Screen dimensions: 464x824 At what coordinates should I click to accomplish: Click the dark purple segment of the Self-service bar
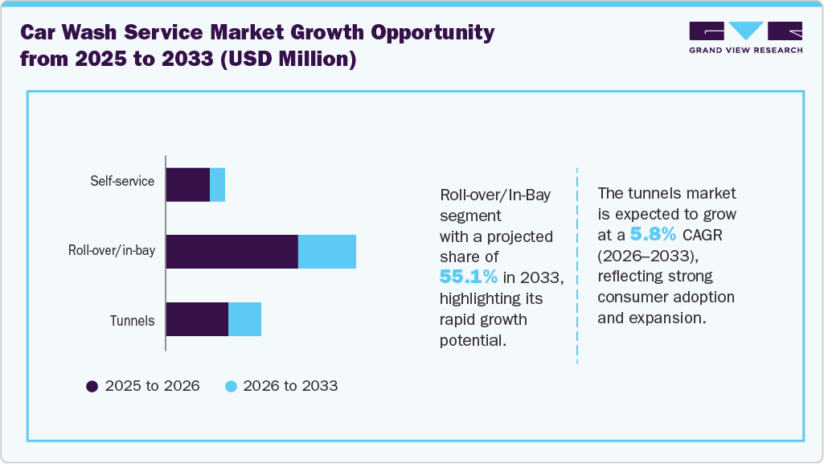click(x=187, y=185)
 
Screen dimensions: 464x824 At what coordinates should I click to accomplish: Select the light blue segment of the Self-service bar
click(x=217, y=185)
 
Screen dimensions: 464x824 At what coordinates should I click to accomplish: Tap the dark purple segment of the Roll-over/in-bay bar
click(x=232, y=252)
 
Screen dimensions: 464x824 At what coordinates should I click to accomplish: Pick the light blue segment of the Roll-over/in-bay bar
click(x=326, y=252)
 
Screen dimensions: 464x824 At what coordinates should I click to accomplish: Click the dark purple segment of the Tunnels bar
click(x=197, y=319)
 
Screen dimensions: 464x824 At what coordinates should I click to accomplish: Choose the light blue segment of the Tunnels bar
click(x=244, y=319)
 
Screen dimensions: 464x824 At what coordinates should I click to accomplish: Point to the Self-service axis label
click(x=122, y=181)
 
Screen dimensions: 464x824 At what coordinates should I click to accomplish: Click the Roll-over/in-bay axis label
click(x=112, y=251)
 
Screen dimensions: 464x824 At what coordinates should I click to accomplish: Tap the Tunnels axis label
click(x=132, y=321)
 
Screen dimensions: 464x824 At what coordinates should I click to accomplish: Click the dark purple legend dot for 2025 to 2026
click(x=92, y=386)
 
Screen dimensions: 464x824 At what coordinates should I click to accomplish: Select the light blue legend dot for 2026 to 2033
click(x=232, y=386)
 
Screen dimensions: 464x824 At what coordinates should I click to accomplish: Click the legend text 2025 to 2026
click(x=153, y=386)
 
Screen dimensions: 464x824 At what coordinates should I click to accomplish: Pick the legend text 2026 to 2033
click(x=291, y=386)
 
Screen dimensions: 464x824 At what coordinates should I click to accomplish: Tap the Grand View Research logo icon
click(x=745, y=31)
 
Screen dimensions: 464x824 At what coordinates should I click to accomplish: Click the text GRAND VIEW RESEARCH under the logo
click(x=745, y=51)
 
